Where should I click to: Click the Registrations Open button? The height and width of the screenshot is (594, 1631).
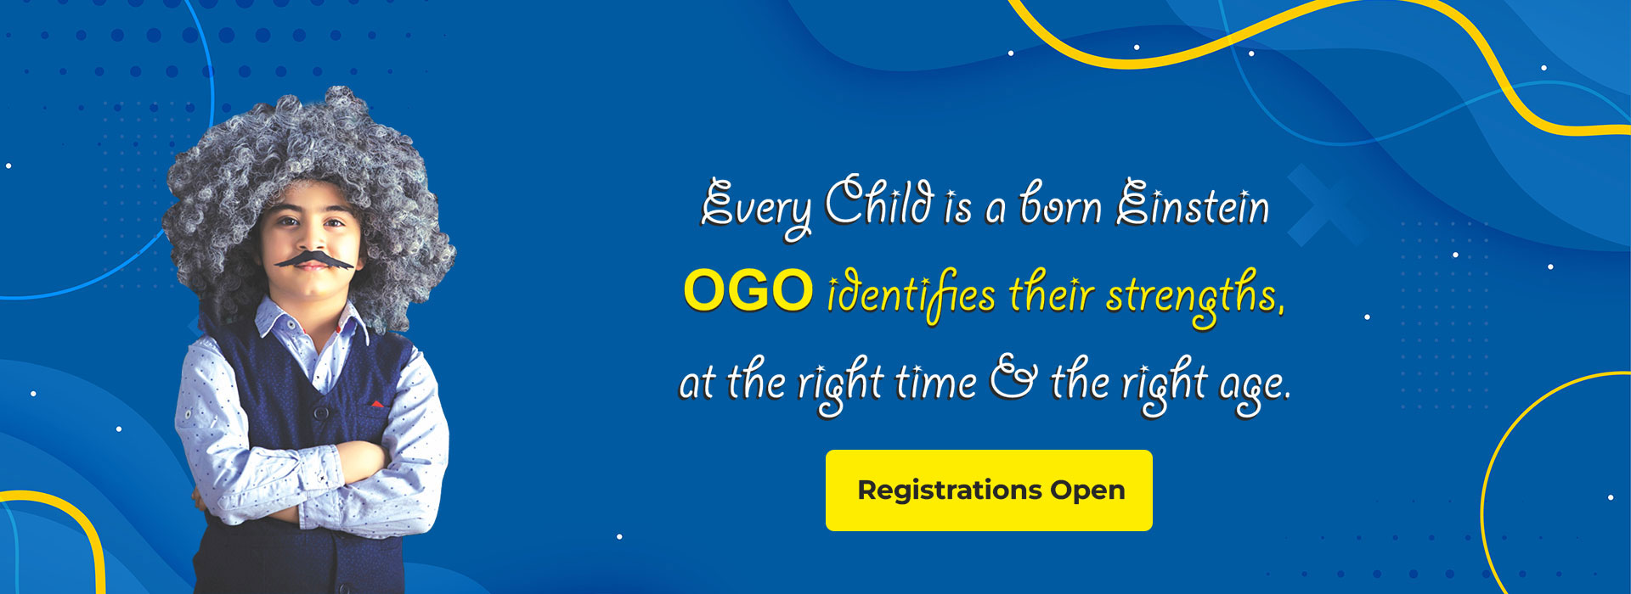(x=989, y=490)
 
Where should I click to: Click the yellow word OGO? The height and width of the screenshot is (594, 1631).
(x=748, y=291)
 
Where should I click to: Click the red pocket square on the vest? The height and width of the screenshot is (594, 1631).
(x=376, y=403)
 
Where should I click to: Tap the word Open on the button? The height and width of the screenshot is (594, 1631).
(x=1087, y=491)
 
